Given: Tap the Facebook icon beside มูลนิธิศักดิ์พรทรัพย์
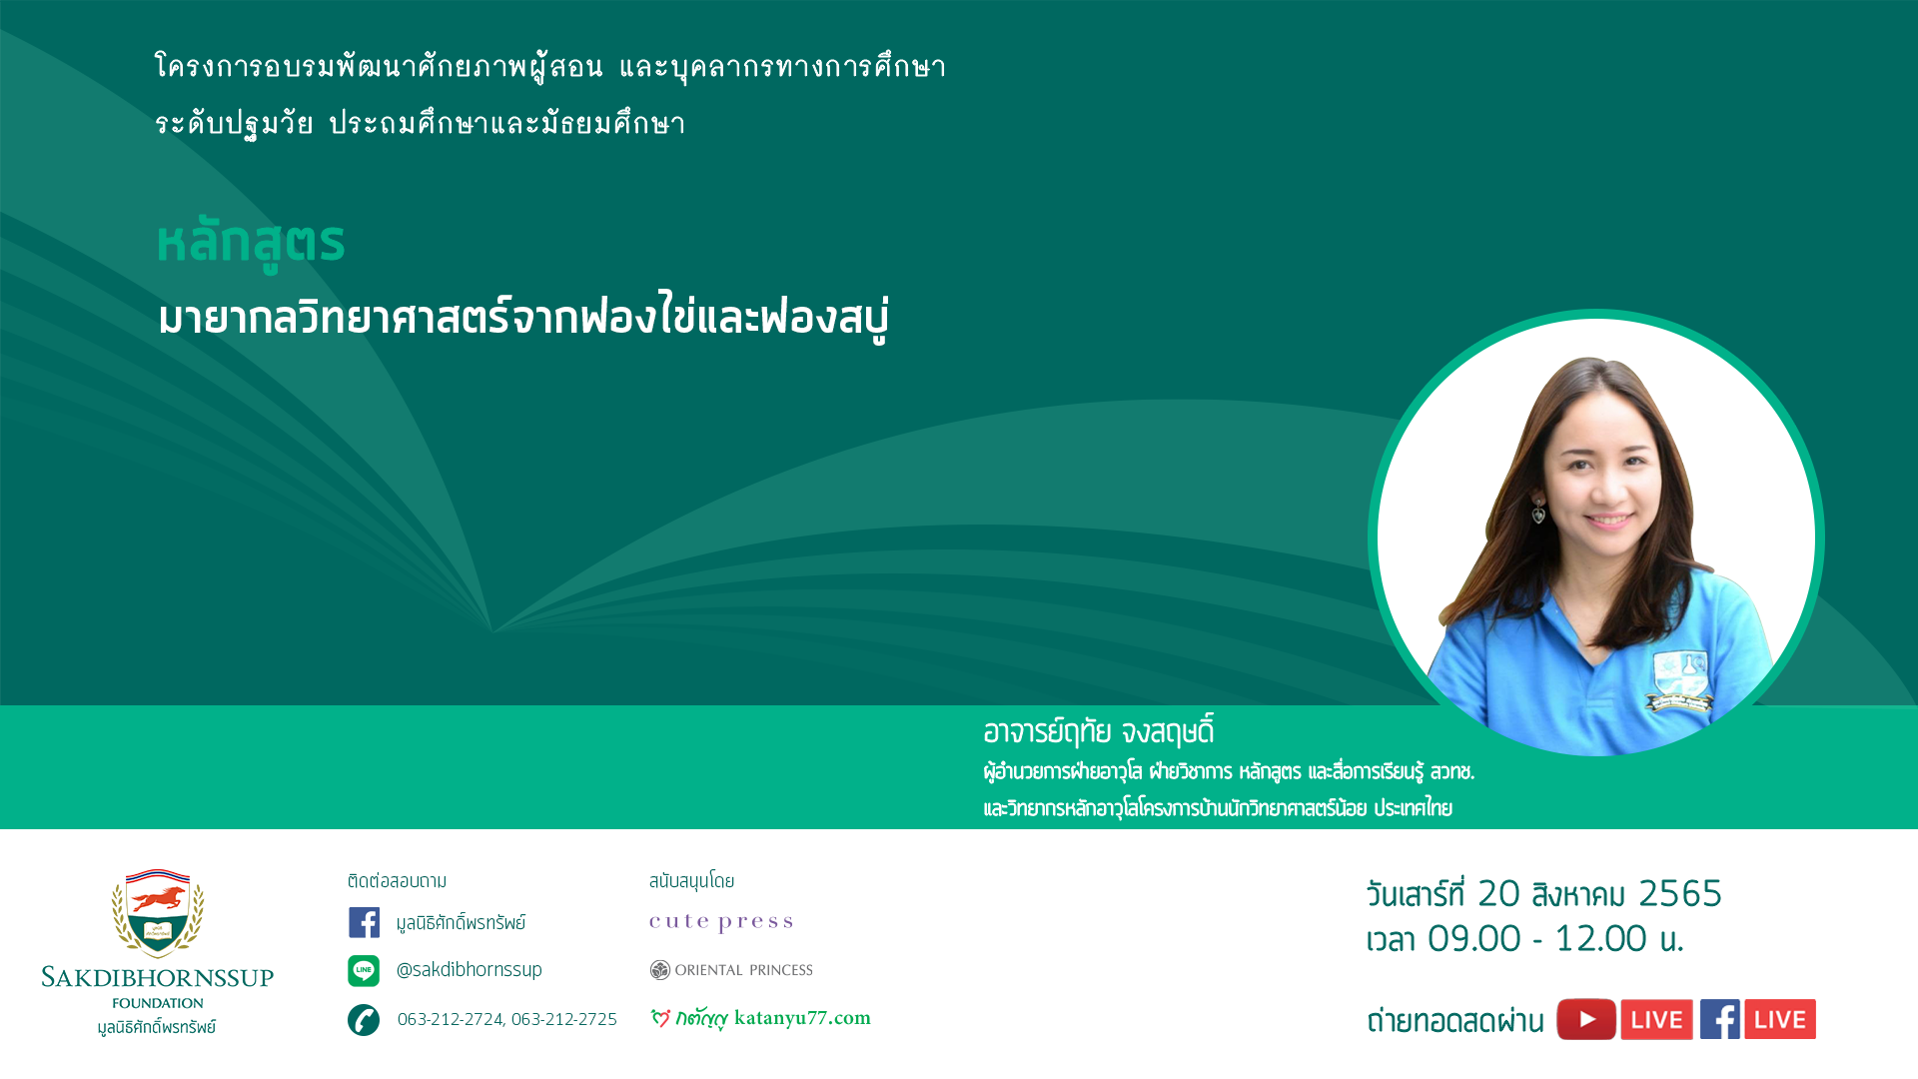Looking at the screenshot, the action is coord(364,922).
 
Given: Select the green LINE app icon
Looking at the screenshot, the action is coord(364,970).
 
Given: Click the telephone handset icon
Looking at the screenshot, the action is coord(364,1020).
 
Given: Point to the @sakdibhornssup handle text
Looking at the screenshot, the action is coord(470,970).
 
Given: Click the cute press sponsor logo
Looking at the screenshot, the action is coord(721,922).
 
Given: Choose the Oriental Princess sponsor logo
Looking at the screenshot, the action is coord(731,970).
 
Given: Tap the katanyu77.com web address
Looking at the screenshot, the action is coord(802,1018).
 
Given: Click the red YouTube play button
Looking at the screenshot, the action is coord(1586,1019).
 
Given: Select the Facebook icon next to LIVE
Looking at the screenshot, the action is coord(1720,1019).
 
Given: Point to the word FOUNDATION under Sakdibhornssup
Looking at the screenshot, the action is coord(158,1003).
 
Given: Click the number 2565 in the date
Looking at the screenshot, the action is coord(1680,893).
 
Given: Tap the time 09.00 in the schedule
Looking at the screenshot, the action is coord(1474,938).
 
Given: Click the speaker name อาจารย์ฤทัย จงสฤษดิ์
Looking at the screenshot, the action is coord(1099,731).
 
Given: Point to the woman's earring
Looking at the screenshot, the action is coord(1539,512).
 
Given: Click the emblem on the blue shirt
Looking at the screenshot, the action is coord(1680,680).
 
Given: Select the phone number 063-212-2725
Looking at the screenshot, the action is coord(564,1019).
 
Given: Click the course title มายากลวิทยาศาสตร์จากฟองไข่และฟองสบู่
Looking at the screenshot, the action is coord(523,318).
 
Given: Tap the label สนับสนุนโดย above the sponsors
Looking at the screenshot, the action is coord(691,880).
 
